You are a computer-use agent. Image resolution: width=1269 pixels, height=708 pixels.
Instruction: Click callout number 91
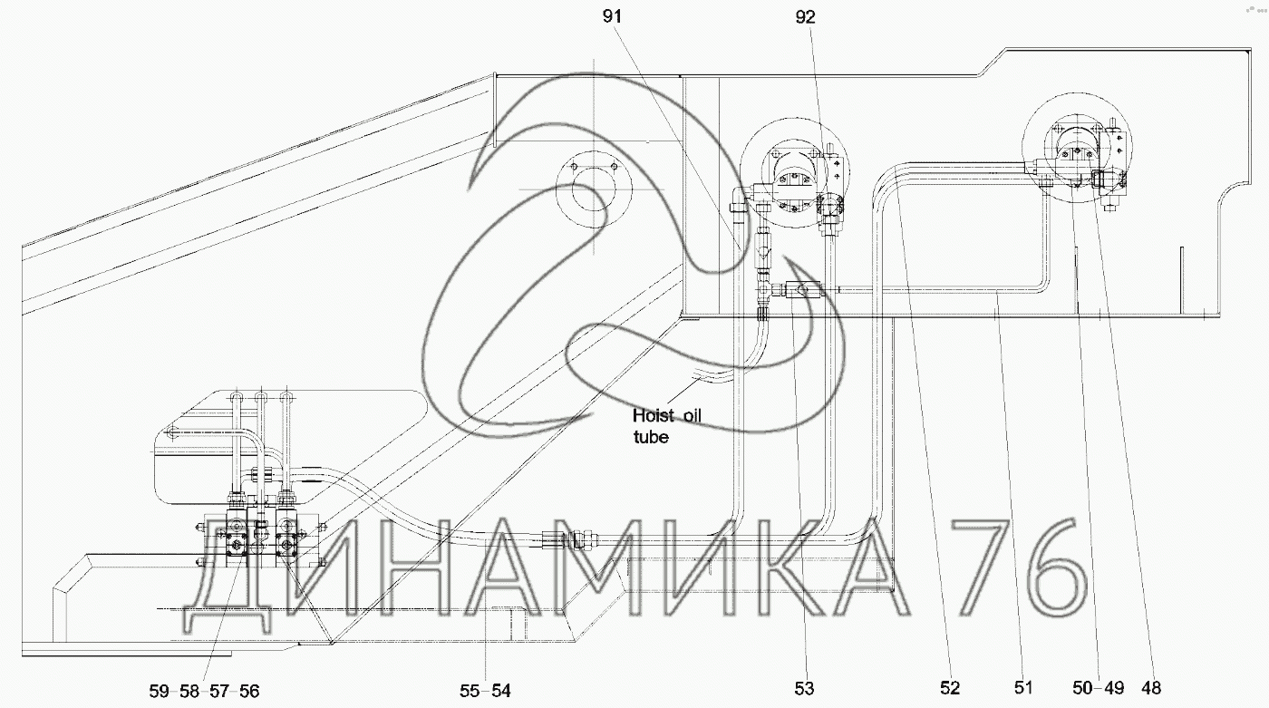click(x=612, y=17)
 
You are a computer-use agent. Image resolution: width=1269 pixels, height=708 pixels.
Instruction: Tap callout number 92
click(x=805, y=17)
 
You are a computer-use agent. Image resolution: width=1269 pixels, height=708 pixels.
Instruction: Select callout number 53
click(x=804, y=689)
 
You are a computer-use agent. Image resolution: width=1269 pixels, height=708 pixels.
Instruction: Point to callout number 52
click(x=950, y=688)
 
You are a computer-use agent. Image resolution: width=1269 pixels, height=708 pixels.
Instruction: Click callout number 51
click(x=1022, y=688)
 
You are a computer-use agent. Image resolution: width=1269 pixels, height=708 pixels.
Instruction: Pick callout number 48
click(x=1151, y=688)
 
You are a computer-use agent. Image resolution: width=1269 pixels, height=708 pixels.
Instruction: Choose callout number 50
click(x=1082, y=688)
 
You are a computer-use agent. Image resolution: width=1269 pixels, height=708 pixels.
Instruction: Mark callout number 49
click(x=1114, y=688)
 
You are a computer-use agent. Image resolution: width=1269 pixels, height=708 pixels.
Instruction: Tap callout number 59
click(x=160, y=691)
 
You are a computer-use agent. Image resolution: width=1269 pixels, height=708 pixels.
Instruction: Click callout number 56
click(x=249, y=691)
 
